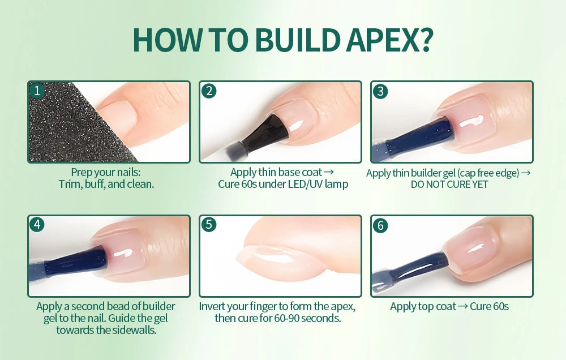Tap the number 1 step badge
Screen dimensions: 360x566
(x=37, y=91)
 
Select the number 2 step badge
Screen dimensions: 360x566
(x=209, y=91)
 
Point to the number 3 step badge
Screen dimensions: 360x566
(x=380, y=91)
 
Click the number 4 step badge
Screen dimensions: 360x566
(x=37, y=225)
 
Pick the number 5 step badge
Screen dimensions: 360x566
(x=209, y=225)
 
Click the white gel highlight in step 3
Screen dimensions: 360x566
(x=470, y=121)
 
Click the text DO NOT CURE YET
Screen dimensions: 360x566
(x=449, y=185)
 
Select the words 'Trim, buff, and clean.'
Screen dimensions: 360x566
(x=106, y=185)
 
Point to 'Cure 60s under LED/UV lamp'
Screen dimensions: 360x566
(x=283, y=185)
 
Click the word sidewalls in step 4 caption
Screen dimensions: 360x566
(x=131, y=329)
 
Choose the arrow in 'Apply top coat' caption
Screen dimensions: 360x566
(x=462, y=307)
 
